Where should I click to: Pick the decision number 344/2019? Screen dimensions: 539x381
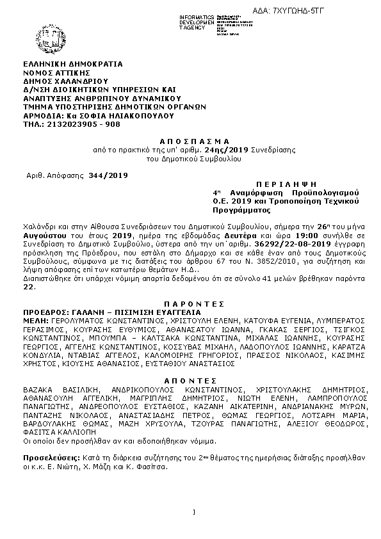tap(108, 175)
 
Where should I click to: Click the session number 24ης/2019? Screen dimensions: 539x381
tap(213, 149)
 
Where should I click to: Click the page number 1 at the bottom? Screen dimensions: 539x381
tap(193, 511)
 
